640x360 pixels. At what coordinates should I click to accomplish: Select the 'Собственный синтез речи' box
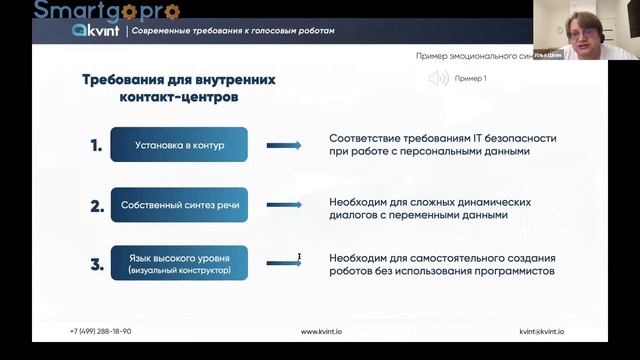click(180, 207)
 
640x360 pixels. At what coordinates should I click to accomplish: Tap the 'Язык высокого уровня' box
click(180, 264)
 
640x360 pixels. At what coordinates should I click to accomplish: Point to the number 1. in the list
click(96, 146)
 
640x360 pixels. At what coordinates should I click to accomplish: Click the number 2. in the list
click(97, 207)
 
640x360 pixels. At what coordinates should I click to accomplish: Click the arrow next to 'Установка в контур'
click(284, 146)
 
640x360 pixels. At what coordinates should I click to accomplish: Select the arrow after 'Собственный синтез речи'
click(284, 207)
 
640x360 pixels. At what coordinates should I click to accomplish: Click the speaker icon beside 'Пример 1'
click(437, 78)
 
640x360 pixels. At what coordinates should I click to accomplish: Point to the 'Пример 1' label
click(470, 78)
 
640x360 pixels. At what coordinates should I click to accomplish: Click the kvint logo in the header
click(96, 31)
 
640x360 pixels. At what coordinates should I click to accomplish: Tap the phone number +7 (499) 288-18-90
click(100, 331)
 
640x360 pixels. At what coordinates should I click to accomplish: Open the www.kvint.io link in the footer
click(323, 331)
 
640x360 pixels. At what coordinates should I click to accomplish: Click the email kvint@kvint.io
click(542, 331)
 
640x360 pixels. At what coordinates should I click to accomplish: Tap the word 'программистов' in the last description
click(514, 271)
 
